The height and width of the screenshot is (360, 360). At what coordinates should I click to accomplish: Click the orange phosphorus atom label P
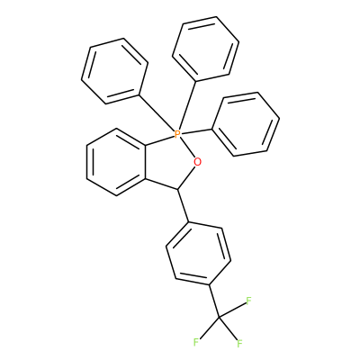coord(177,134)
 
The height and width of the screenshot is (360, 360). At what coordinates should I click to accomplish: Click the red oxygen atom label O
coord(197,162)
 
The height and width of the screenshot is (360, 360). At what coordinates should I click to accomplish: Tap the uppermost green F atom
coord(248,301)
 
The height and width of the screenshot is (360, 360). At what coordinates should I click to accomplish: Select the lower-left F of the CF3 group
coord(196,342)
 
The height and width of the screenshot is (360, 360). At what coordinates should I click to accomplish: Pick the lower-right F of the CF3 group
coord(239,344)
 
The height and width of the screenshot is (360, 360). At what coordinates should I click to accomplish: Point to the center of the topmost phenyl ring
coord(205,49)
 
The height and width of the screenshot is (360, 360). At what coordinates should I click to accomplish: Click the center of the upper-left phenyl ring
coord(114,71)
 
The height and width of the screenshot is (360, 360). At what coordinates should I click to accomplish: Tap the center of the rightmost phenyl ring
coord(246,124)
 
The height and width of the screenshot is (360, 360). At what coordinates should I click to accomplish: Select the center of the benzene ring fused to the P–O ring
coord(116,162)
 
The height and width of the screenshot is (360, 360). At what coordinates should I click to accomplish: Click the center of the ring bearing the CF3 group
coord(199,254)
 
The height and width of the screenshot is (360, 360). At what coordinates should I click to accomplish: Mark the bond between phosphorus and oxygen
coord(187,148)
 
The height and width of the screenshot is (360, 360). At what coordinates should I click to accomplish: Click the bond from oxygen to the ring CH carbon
coord(187,177)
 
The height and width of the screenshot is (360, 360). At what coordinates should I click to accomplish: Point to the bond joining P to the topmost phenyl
coord(187,105)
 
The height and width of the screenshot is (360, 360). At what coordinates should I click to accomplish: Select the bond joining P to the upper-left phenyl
coord(157,113)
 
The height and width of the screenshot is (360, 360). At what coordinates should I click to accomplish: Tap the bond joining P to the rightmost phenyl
coord(196,131)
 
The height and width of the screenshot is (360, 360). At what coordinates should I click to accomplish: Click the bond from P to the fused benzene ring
coord(160,140)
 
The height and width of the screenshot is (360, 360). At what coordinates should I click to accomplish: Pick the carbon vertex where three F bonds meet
coord(219,317)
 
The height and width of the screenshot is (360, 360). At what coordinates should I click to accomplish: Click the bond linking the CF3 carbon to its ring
coord(214,301)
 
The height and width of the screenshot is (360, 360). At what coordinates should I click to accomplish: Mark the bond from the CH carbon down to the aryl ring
coord(184,206)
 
